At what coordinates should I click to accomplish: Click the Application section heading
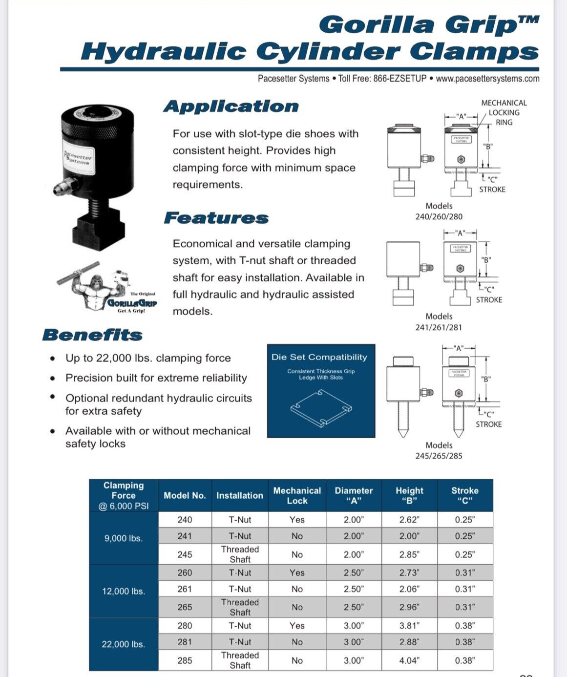click(x=231, y=106)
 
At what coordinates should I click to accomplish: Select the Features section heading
click(x=216, y=218)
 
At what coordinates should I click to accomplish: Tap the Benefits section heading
click(x=92, y=335)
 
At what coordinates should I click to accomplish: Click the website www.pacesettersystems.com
click(x=487, y=79)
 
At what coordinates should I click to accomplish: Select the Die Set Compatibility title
click(x=319, y=357)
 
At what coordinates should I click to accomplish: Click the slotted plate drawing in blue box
click(x=321, y=408)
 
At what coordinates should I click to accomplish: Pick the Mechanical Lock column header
click(x=297, y=495)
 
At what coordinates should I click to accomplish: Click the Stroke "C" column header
click(x=464, y=495)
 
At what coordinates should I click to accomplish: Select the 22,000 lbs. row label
click(x=124, y=644)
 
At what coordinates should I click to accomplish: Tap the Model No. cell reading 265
click(x=185, y=607)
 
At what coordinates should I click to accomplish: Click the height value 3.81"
click(x=409, y=626)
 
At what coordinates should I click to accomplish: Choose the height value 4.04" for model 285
click(x=409, y=660)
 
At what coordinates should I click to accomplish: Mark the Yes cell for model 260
click(x=297, y=572)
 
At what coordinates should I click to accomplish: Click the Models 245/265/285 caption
click(x=439, y=450)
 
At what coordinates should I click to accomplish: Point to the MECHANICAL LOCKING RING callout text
click(x=504, y=112)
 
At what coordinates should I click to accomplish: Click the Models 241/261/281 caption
click(x=439, y=322)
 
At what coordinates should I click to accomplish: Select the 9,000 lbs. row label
click(x=124, y=538)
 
